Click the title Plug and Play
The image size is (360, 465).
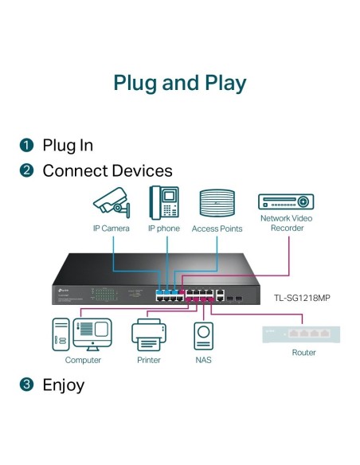179,83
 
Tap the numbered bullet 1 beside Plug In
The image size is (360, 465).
27,145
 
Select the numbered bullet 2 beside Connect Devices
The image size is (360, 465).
27,170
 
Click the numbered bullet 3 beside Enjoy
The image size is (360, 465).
27,385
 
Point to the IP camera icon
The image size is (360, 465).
111,202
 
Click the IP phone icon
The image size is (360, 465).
163,202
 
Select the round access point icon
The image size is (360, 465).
216,203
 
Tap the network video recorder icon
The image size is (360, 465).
286,201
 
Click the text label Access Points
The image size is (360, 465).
217,229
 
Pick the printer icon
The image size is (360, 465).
149,335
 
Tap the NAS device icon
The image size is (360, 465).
203,336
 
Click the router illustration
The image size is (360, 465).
303,334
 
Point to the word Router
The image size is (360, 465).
303,353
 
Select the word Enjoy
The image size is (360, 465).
63,385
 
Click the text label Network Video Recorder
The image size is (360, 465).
286,223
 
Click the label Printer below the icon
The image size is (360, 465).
149,360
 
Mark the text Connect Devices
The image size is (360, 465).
107,170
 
